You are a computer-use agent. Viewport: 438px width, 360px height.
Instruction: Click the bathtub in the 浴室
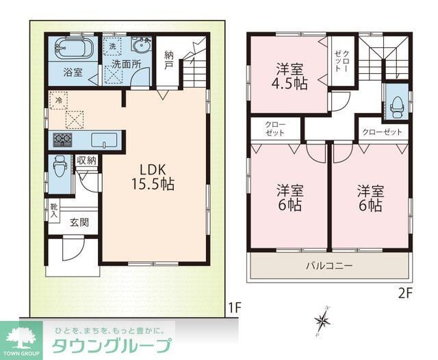tap(74, 50)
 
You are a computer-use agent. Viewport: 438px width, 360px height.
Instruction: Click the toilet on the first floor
tap(59, 166)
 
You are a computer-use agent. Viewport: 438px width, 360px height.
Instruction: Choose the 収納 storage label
tap(87, 161)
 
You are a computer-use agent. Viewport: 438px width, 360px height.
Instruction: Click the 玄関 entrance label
tap(79, 222)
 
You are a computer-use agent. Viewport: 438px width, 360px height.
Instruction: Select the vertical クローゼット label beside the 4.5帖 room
tap(342, 62)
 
